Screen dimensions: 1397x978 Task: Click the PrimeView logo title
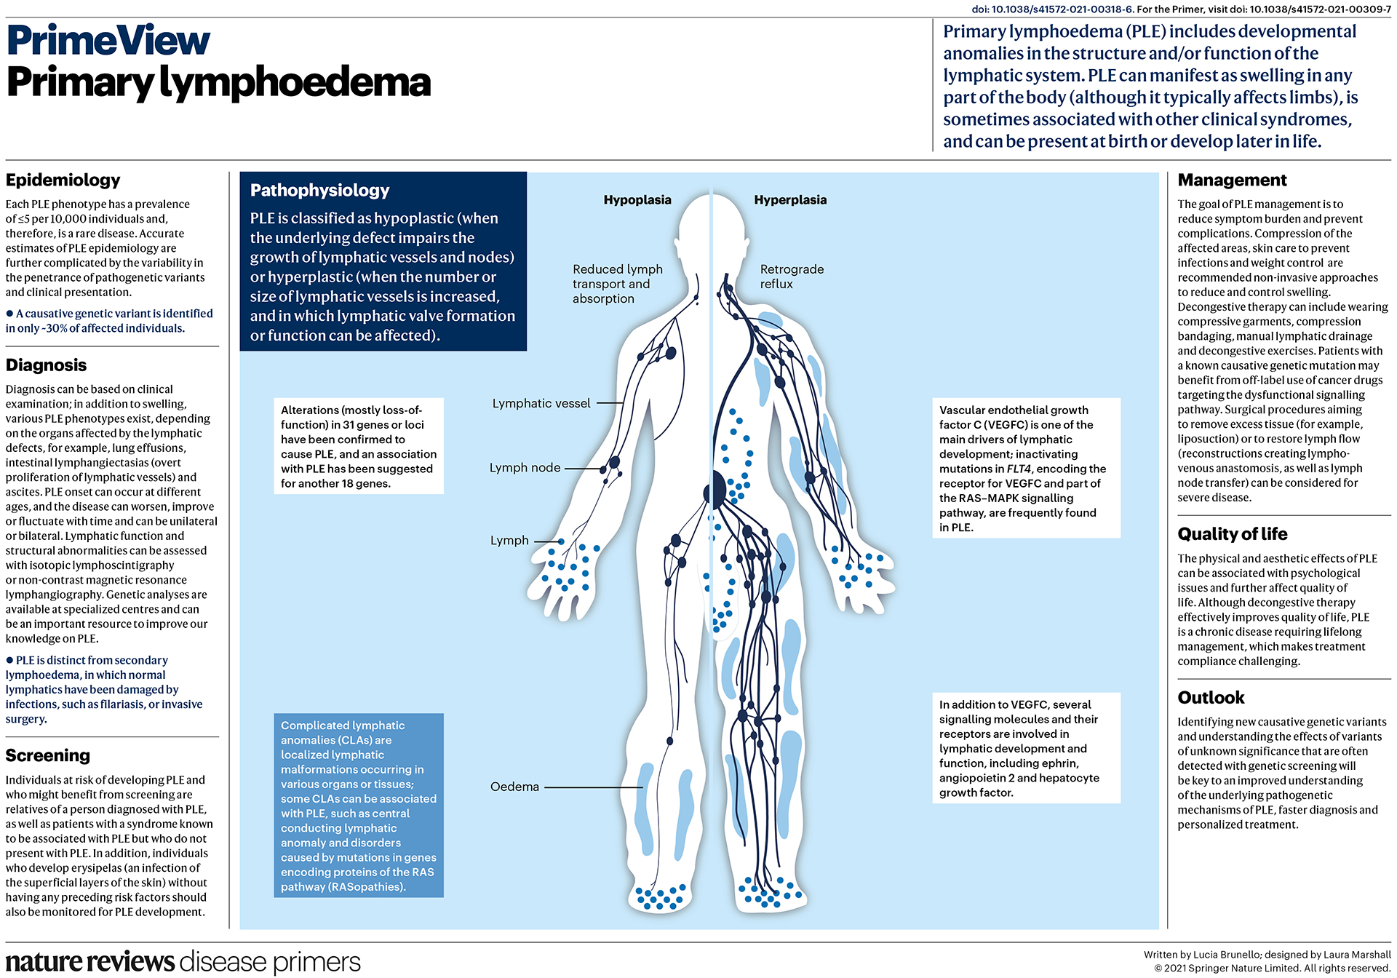pyautogui.click(x=108, y=41)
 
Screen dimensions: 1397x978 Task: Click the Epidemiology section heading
pyautogui.click(x=63, y=180)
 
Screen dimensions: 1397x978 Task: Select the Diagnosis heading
pyautogui.click(x=46, y=365)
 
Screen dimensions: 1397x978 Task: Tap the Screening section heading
pyautogui.click(x=48, y=755)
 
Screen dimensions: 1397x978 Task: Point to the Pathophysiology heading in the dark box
pyautogui.click(x=320, y=191)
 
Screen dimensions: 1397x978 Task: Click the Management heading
pyautogui.click(x=1232, y=180)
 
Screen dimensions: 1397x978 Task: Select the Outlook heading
pyautogui.click(x=1211, y=697)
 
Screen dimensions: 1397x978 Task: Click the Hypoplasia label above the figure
pyautogui.click(x=637, y=200)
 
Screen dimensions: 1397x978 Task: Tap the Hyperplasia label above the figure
pyautogui.click(x=790, y=200)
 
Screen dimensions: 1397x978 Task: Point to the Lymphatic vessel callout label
pyautogui.click(x=541, y=403)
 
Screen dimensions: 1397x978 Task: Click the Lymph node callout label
pyautogui.click(x=525, y=468)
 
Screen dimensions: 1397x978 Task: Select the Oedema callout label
pyautogui.click(x=514, y=787)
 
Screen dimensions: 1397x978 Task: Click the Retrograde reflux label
pyautogui.click(x=792, y=277)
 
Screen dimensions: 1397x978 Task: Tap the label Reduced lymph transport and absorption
pyautogui.click(x=618, y=284)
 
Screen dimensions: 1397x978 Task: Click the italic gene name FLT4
pyautogui.click(x=1020, y=469)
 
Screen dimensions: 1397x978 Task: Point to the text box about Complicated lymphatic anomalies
pyautogui.click(x=359, y=806)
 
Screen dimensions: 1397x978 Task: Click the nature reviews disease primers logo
pyautogui.click(x=183, y=961)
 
